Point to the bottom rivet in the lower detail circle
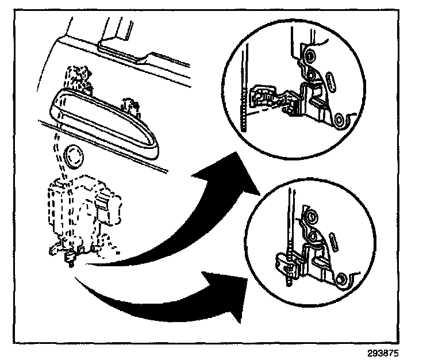point(343,279)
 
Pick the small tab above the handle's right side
point(129,106)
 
